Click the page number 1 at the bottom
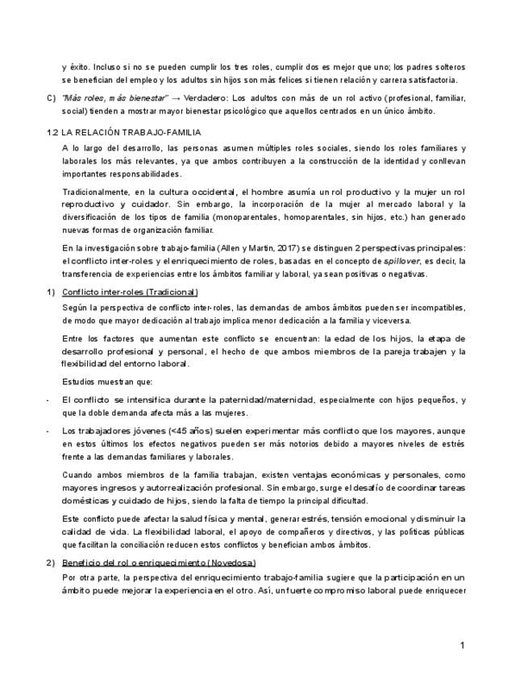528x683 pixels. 463,645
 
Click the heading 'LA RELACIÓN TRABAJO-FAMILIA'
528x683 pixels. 132,131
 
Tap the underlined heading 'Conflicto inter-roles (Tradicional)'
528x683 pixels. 130,292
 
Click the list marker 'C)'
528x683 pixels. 52,97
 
